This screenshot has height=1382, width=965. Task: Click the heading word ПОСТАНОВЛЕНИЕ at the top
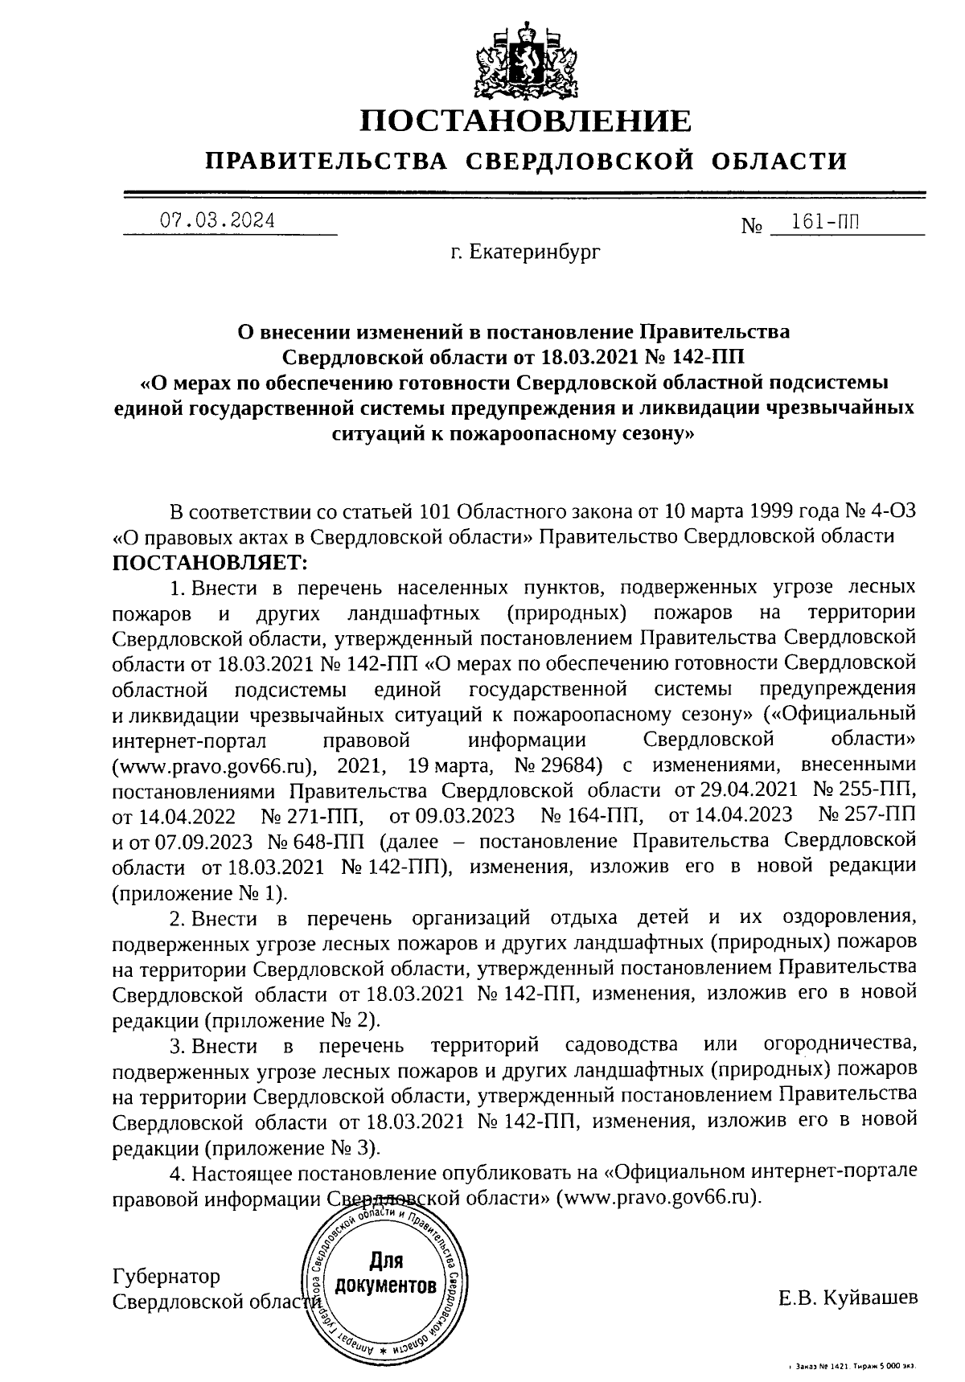tap(525, 122)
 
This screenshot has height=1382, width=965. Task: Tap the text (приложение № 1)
tap(199, 893)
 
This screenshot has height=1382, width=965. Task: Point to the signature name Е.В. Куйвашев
tap(847, 1298)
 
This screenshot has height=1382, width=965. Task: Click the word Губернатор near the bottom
tap(166, 1277)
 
